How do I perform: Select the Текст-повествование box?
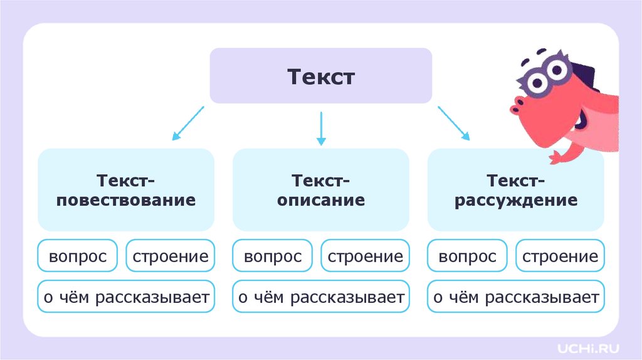[x=126, y=189]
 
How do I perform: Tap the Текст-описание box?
[x=320, y=189]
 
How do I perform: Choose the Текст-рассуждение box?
[x=515, y=189]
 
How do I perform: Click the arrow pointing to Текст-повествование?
[x=187, y=123]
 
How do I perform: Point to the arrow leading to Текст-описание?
[x=321, y=128]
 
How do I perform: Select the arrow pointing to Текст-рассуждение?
[x=453, y=123]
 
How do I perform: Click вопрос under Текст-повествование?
[x=78, y=256]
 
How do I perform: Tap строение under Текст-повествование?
[x=171, y=256]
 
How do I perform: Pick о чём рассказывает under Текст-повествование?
[x=126, y=297]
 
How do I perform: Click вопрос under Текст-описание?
[x=273, y=256]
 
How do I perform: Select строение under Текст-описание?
[x=366, y=256]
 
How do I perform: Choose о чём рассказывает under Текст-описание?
[x=320, y=297]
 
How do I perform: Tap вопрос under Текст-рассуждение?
[x=468, y=256]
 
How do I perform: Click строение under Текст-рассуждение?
[x=560, y=256]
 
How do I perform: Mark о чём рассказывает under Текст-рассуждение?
[x=516, y=297]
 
